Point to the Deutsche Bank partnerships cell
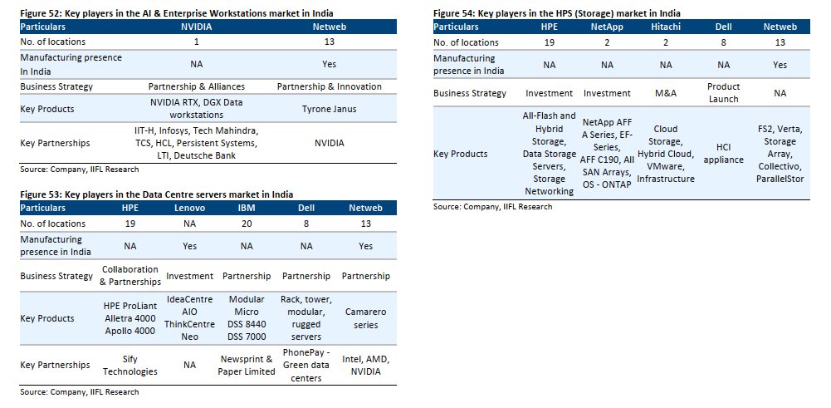click(x=198, y=143)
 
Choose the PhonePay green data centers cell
click(x=306, y=365)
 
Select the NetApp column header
click(x=607, y=27)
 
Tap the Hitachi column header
click(x=666, y=27)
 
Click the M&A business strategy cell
click(x=666, y=93)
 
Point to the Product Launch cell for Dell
click(x=723, y=92)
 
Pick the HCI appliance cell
click(x=723, y=154)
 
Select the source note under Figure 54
click(x=492, y=206)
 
